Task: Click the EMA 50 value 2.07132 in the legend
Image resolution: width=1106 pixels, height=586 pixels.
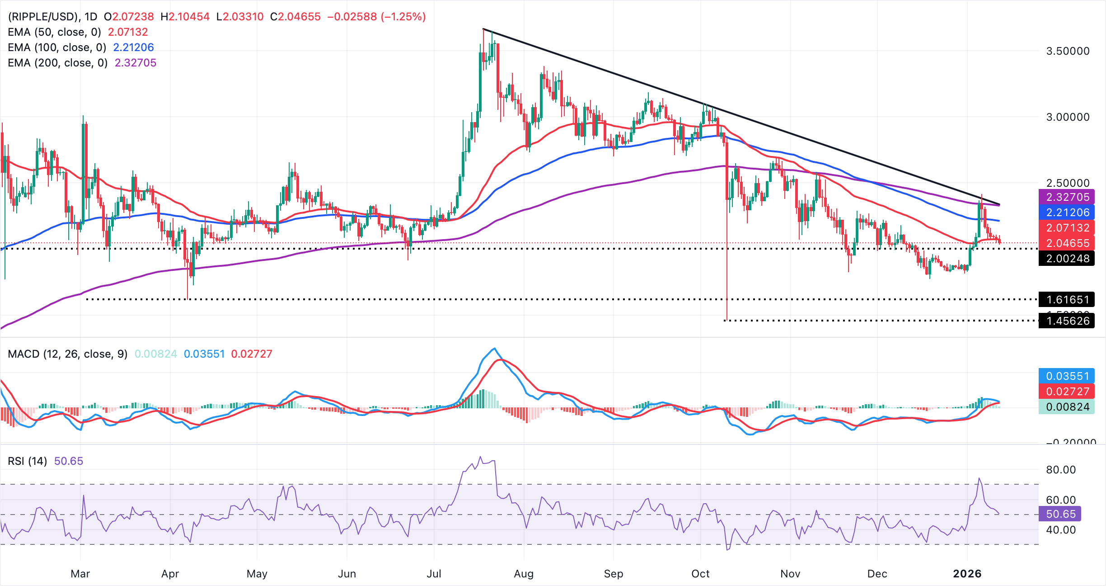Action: coord(128,32)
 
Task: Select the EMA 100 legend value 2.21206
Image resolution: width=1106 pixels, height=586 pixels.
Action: coord(133,47)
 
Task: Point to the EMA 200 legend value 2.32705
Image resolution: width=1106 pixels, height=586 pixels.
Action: coord(135,63)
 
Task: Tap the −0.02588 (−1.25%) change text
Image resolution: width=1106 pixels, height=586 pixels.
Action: coord(376,17)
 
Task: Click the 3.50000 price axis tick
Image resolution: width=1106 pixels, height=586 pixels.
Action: coord(1068,51)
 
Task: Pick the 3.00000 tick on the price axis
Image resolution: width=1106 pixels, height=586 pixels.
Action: coord(1068,117)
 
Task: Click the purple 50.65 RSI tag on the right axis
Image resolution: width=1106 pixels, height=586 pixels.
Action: coord(1061,514)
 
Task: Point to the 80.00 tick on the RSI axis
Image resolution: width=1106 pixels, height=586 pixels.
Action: coord(1061,470)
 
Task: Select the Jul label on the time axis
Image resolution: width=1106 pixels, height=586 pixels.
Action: coord(434,574)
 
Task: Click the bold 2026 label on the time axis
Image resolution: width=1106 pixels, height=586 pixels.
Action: coord(967,574)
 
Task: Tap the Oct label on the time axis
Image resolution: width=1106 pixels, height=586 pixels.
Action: coord(700,574)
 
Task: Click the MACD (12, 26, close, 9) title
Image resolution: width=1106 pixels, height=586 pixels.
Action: coord(68,354)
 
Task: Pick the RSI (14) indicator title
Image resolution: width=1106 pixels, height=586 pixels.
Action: coord(28,461)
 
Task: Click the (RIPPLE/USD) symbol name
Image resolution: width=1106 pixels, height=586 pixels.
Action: coord(43,17)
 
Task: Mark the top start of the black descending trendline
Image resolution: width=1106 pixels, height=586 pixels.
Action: coord(483,29)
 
